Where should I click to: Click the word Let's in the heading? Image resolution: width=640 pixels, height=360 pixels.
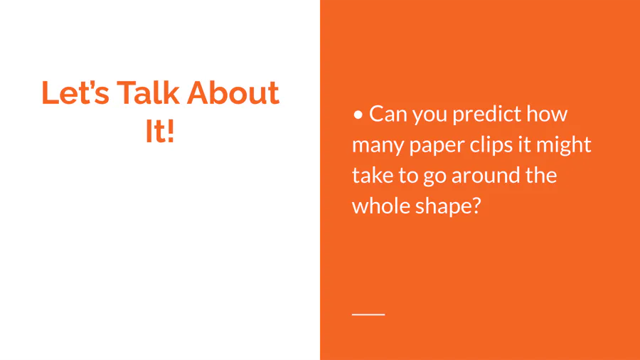[75, 92]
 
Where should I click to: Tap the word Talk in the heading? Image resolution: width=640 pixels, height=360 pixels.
[148, 92]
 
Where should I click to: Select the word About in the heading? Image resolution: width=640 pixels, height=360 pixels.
[233, 92]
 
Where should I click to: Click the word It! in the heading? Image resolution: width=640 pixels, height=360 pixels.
[160, 131]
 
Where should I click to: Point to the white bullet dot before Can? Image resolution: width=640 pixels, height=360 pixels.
[358, 115]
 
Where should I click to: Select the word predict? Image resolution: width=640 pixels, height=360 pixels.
[486, 115]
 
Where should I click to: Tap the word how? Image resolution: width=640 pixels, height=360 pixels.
[547, 113]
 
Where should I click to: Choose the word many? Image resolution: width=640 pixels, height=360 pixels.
[378, 146]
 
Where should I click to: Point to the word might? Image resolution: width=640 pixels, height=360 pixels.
[564, 145]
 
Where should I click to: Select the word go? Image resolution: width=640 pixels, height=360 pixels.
[434, 176]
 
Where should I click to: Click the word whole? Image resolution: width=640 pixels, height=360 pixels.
[381, 206]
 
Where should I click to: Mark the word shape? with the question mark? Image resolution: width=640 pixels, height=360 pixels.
[449, 206]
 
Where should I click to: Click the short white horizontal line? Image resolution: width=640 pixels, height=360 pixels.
[368, 314]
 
